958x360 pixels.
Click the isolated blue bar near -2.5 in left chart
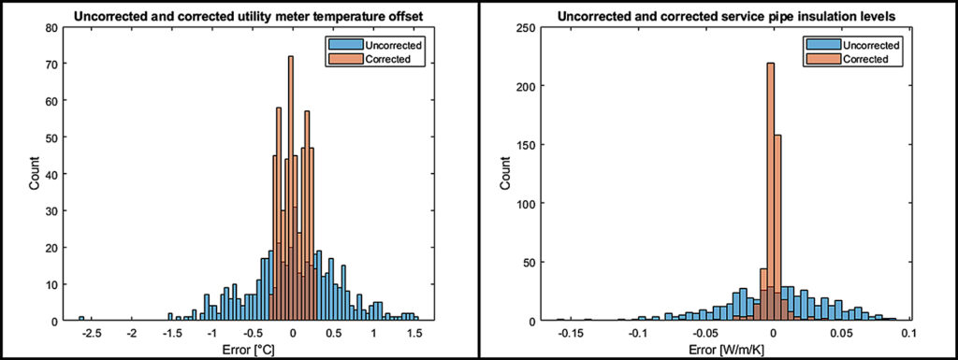[x=81, y=319]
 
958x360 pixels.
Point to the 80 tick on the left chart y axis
[x=51, y=30]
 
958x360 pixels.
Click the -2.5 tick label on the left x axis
[x=81, y=332]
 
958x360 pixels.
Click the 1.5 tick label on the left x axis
[x=414, y=332]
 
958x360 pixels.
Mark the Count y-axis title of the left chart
[x=34, y=176]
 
